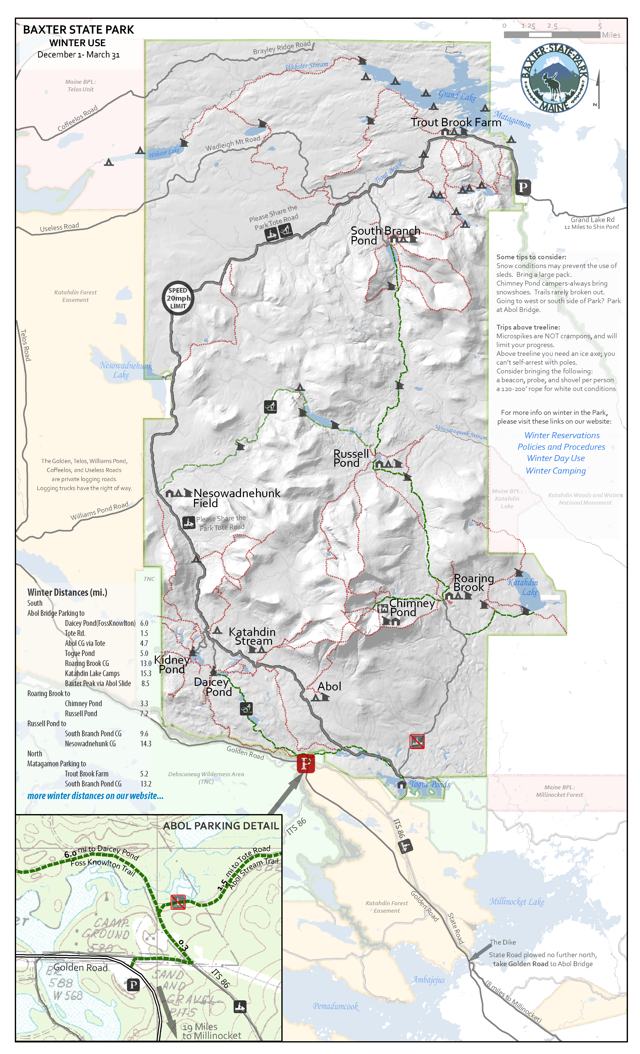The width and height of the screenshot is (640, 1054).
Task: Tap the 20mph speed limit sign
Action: tap(178, 298)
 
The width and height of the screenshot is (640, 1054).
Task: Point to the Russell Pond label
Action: tap(351, 458)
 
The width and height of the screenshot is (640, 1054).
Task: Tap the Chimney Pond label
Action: tap(412, 607)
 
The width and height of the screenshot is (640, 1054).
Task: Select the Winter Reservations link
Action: tap(562, 435)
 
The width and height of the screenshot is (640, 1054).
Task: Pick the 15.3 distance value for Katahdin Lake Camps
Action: tap(146, 673)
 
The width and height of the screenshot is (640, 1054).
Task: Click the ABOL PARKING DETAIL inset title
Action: tap(221, 826)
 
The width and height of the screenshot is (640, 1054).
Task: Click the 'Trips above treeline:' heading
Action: tap(528, 327)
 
